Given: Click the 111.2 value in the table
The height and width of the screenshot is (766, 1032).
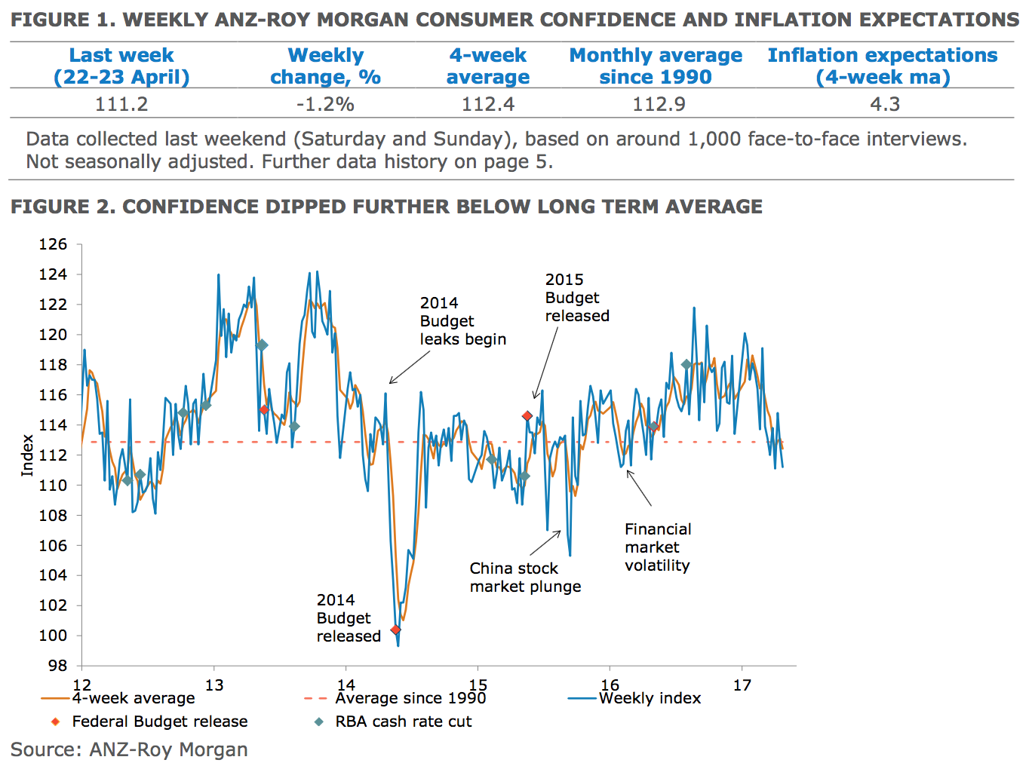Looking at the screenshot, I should (121, 104).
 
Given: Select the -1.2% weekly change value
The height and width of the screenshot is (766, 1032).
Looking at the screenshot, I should (325, 104).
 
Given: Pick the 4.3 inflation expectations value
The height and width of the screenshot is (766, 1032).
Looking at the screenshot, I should (885, 104).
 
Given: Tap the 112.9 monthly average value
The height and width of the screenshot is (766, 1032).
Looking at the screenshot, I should (659, 104).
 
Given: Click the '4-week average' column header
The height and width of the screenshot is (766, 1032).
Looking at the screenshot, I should (488, 66).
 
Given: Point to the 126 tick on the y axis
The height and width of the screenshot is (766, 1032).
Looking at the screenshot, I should (53, 244).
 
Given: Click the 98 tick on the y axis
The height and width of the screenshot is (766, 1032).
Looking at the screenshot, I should (57, 666).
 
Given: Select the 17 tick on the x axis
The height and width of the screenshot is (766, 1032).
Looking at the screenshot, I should (742, 685).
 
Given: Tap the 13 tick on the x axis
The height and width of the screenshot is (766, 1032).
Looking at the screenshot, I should (214, 685).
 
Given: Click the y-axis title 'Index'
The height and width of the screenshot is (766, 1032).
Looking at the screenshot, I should (27, 455).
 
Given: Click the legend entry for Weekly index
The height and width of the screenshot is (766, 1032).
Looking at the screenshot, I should (650, 698).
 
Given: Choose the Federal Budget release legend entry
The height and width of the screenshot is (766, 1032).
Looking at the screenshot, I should (159, 722).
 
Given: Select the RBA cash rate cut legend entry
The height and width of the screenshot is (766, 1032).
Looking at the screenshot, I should (403, 722).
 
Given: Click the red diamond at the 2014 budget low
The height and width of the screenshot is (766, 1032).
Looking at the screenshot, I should (395, 630).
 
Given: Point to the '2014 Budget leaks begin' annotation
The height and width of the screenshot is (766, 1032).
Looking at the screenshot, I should (462, 321).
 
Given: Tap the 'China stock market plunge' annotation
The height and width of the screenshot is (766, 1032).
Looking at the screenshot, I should (525, 578).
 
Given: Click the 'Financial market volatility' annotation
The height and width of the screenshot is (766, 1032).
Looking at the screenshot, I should (658, 547).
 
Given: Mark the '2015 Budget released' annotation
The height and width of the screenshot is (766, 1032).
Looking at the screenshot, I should (577, 298).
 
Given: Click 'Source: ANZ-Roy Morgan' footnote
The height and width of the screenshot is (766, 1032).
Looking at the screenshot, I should (129, 749).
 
